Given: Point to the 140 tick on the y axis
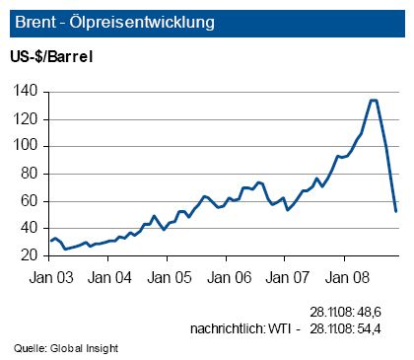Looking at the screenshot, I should (28, 91).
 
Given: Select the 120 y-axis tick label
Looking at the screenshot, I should (28, 118).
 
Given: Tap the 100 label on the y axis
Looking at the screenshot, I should (28, 146).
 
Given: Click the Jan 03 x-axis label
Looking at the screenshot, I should (53, 277).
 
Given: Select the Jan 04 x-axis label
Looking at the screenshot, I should (111, 277).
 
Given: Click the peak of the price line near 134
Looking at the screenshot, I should (373, 100).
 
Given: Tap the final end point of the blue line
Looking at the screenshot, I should (395, 211).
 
